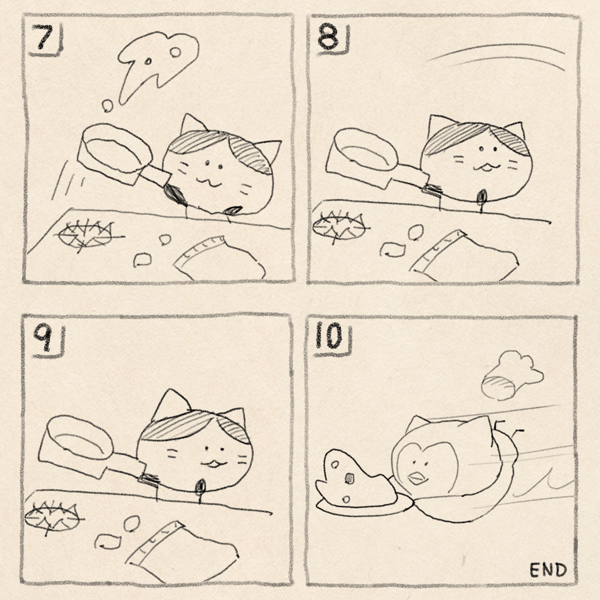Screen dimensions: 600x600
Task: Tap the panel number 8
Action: (328, 38)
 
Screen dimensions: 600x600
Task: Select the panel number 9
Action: (44, 338)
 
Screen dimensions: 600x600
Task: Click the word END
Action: (548, 570)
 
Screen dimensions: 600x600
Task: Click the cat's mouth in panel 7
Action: (208, 182)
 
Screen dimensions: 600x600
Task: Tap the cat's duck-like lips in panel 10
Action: (418, 478)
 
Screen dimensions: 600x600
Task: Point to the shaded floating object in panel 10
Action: (511, 377)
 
